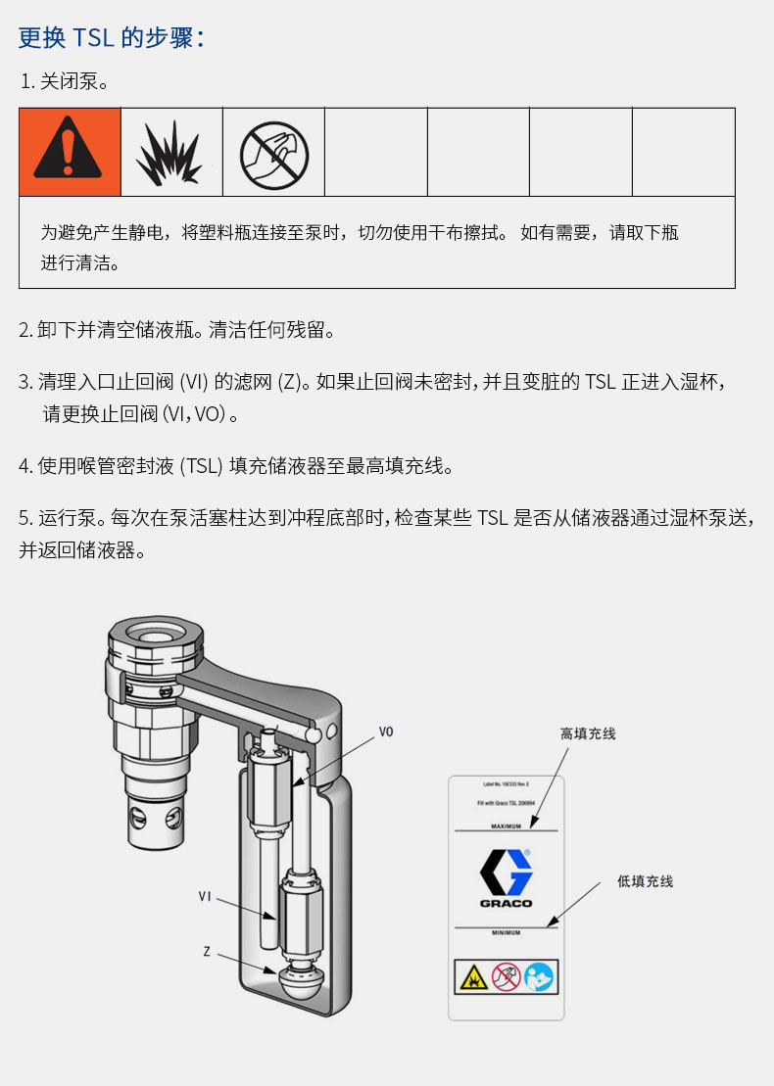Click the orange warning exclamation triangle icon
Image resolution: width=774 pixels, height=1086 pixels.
point(69,152)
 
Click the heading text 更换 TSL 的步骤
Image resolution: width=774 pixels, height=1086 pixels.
point(111,37)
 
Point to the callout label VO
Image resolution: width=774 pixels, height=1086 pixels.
point(386,732)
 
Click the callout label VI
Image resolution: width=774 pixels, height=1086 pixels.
point(205,895)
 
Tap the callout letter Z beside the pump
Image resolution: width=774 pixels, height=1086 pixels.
point(207,951)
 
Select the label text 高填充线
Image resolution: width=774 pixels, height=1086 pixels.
point(588,733)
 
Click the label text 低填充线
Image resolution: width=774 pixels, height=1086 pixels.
point(645,881)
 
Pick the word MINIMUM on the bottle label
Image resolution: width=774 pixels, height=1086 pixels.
point(506,933)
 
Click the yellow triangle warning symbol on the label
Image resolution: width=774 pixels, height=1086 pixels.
point(472,976)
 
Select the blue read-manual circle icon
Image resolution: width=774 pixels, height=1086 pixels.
point(539,976)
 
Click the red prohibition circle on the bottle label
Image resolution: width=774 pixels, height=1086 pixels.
point(506,976)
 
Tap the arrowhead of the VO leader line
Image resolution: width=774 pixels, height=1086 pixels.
point(296,784)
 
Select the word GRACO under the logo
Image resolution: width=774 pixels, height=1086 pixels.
point(506,903)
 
